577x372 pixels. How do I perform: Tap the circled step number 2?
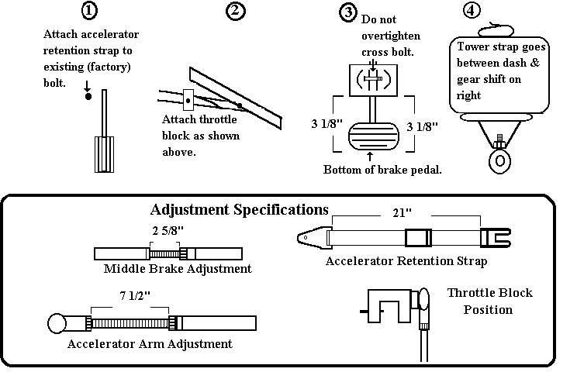[235, 11]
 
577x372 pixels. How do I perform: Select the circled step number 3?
[348, 12]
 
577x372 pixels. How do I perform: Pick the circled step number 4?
[470, 11]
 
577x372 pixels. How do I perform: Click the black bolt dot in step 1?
[88, 96]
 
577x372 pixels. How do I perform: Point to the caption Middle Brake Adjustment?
[178, 269]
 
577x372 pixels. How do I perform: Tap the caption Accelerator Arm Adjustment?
[150, 343]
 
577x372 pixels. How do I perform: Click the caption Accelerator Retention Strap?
[406, 261]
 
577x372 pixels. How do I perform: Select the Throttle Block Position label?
[490, 301]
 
